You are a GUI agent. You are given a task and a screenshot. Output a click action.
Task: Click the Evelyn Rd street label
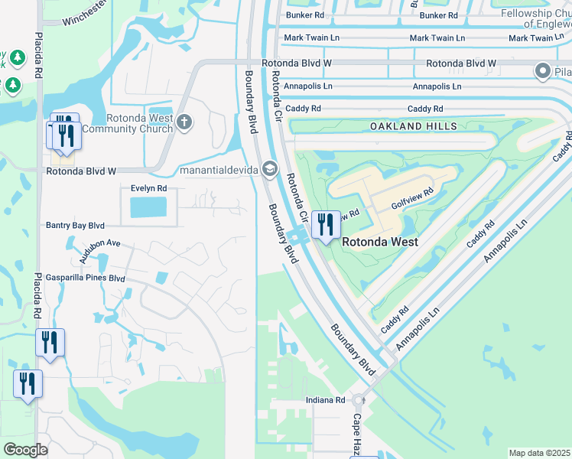(x=144, y=188)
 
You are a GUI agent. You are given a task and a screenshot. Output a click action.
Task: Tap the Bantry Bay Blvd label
(x=75, y=226)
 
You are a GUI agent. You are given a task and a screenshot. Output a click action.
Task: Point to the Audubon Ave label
(x=93, y=243)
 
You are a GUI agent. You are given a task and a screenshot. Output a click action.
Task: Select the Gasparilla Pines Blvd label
(x=86, y=278)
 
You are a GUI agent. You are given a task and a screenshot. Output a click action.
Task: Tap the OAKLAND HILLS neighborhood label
(x=413, y=126)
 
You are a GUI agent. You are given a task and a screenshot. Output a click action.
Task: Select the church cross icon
(x=184, y=122)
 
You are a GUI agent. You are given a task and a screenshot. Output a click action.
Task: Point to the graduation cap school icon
(x=268, y=168)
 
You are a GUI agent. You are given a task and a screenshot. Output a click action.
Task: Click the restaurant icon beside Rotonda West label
(x=326, y=224)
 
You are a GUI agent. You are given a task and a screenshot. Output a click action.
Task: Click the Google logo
(x=25, y=450)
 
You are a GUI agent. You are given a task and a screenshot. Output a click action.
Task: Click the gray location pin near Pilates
(x=543, y=72)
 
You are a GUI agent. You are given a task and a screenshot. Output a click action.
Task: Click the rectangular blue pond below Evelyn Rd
(x=148, y=207)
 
